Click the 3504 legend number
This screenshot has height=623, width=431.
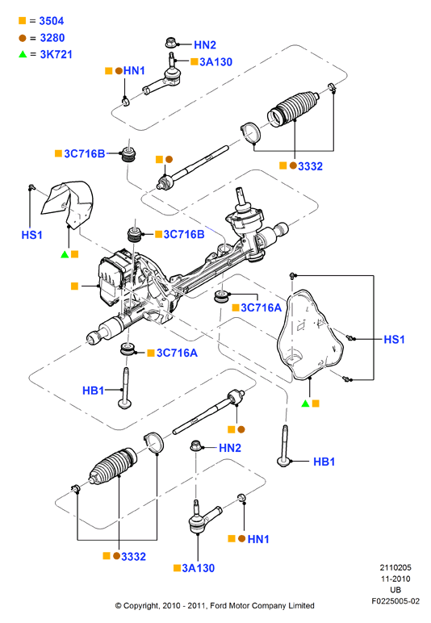coord(51,21)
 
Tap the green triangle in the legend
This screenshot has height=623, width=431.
coord(23,54)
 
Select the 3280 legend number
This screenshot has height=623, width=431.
coord(52,38)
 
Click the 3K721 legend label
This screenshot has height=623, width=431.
coord(56,54)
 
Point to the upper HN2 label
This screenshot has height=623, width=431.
coord(204,45)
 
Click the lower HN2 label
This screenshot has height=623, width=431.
coord(230,448)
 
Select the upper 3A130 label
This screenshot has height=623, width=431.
coord(215,62)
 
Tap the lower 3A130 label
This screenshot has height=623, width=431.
coord(199,568)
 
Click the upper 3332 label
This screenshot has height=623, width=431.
coord(310,166)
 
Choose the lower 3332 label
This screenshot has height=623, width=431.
coord(133,557)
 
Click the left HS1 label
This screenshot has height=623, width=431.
coord(31,235)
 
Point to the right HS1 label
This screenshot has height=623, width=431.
coord(394,339)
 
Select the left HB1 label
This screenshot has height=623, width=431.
coord(93,391)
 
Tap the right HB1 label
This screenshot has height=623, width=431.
coord(324,462)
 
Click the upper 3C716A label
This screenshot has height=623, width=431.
coord(261,307)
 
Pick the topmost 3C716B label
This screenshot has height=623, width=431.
coord(85,154)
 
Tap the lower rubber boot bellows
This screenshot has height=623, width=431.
coord(113,467)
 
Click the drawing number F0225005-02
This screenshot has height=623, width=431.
coord(395,601)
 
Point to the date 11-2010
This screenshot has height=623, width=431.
coord(395,579)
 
